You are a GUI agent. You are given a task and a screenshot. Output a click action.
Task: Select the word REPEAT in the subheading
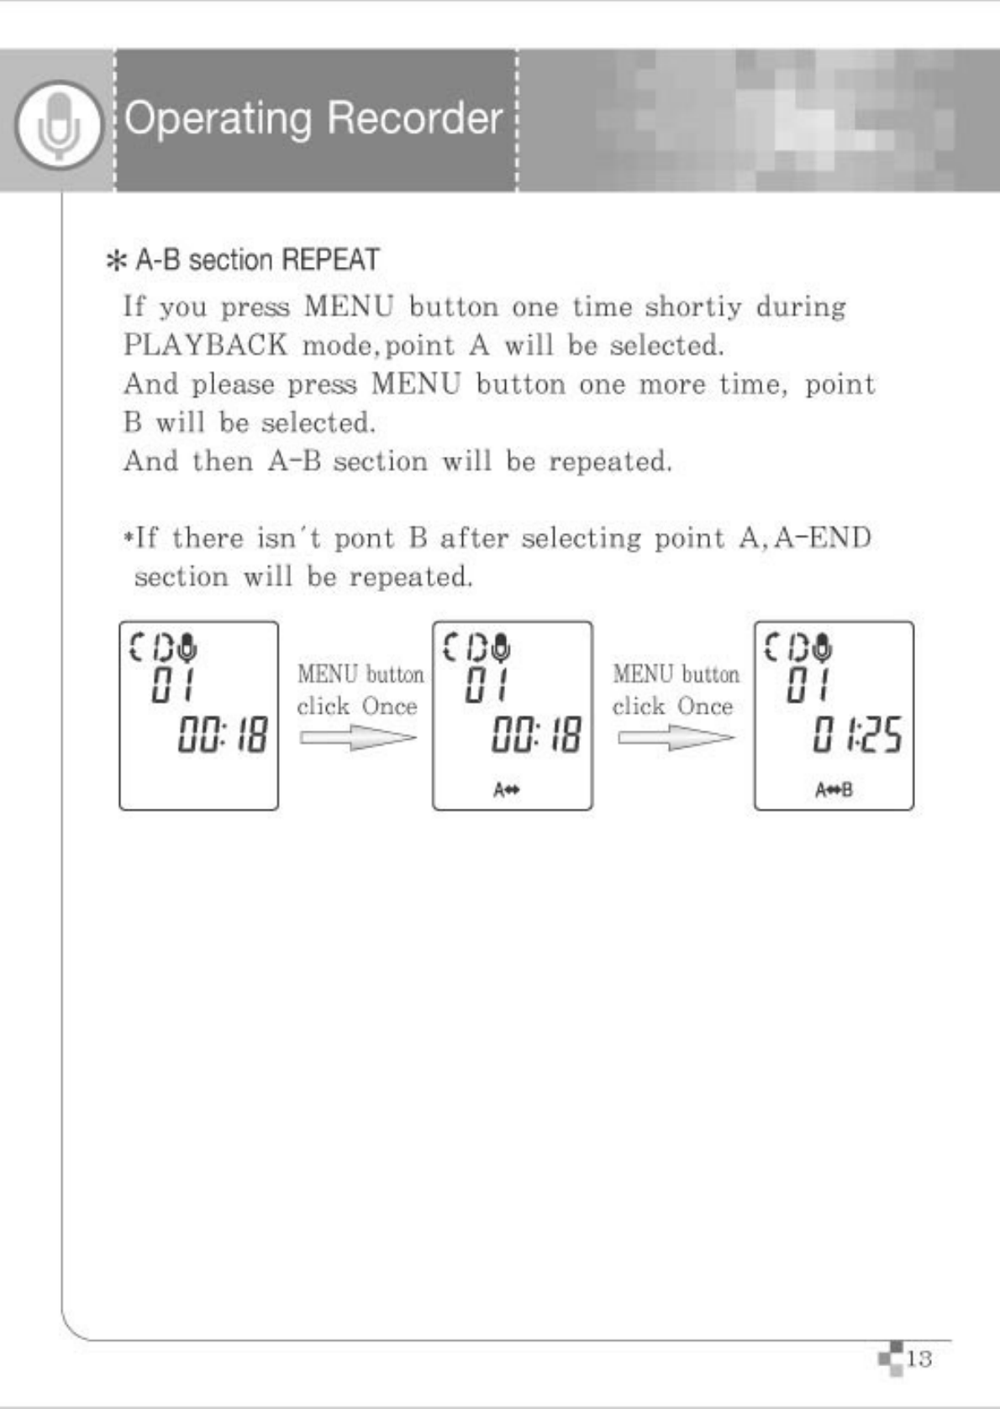click(x=330, y=260)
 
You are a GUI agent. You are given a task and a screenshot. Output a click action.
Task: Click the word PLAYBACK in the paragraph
click(x=206, y=345)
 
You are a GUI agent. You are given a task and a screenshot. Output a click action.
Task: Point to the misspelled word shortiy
click(x=693, y=306)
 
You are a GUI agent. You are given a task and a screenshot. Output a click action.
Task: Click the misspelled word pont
click(x=365, y=537)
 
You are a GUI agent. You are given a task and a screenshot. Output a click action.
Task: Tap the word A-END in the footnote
click(x=823, y=537)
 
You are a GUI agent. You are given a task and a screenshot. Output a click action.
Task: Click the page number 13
click(x=919, y=1359)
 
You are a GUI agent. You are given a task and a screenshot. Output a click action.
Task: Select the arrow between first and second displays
click(x=358, y=738)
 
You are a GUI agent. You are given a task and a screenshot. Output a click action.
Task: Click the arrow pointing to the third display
click(x=676, y=738)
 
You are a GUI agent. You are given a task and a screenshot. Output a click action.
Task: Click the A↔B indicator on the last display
click(x=833, y=790)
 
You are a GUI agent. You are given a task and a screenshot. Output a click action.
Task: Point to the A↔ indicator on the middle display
click(x=506, y=790)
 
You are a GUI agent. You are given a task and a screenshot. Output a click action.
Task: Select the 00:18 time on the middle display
click(x=536, y=736)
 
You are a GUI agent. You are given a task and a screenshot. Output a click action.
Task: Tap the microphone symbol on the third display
click(x=824, y=647)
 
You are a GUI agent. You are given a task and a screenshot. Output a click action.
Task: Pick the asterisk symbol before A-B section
click(x=114, y=261)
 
